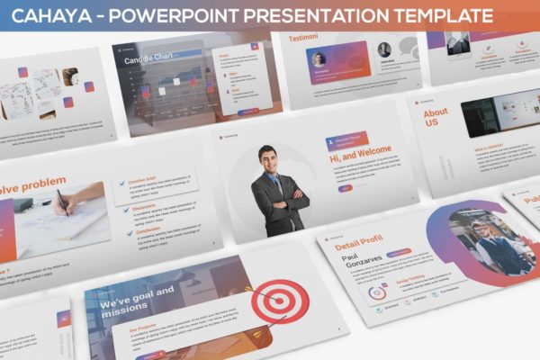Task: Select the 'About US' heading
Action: pyautogui.click(x=436, y=118)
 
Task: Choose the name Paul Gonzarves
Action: pyautogui.click(x=359, y=265)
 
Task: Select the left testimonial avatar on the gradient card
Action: pyautogui.click(x=319, y=58)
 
